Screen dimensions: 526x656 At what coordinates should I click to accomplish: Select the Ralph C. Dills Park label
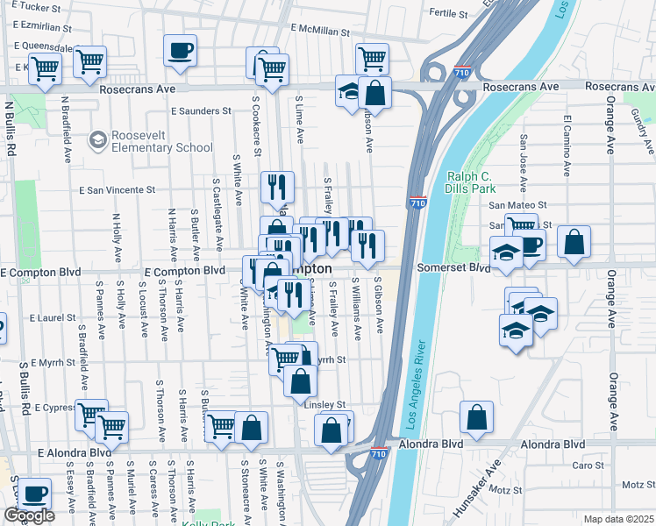(x=471, y=181)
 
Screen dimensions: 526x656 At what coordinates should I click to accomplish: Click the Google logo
(x=29, y=515)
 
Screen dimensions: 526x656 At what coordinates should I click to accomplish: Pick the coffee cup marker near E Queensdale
(x=181, y=50)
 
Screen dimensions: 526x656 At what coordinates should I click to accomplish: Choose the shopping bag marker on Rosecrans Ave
(x=374, y=91)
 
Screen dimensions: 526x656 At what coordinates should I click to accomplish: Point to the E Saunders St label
(x=201, y=111)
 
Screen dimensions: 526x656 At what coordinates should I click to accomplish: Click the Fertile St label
(x=451, y=13)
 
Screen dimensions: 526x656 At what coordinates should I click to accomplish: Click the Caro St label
(x=584, y=466)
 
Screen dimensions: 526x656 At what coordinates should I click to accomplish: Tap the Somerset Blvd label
(x=453, y=267)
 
